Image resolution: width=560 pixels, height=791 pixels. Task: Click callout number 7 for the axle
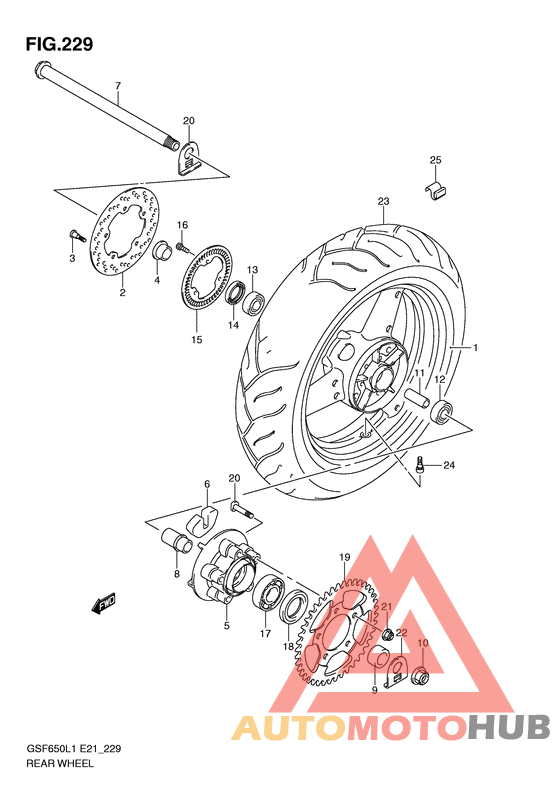click(117, 85)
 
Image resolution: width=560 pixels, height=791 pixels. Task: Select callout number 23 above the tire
click(382, 202)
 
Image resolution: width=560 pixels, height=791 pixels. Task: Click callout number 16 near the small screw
click(183, 225)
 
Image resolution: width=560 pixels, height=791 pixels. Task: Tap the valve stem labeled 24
click(421, 464)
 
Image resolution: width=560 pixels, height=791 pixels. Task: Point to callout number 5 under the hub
click(227, 626)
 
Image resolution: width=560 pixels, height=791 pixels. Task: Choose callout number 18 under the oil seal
click(288, 647)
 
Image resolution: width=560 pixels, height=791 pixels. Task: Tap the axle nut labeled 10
click(421, 678)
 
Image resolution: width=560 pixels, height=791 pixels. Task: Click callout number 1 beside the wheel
click(476, 348)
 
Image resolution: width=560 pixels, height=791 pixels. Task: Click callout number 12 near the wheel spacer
click(439, 380)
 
